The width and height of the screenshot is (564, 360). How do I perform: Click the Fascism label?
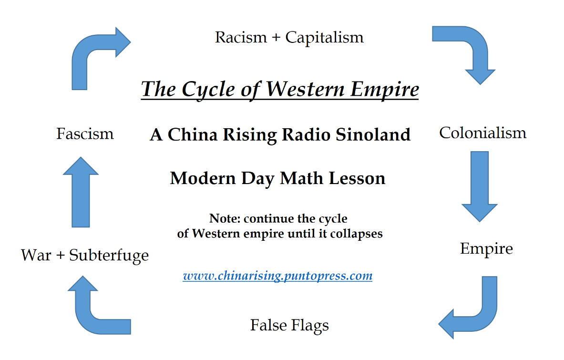[x=85, y=134]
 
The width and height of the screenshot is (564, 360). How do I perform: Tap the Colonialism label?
[x=482, y=133]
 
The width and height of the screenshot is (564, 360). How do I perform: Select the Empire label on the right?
[x=486, y=249]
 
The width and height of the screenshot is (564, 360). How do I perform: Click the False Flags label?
[x=289, y=326]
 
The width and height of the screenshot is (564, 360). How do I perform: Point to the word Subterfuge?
[x=109, y=256]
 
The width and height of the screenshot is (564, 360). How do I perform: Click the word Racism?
[x=241, y=37]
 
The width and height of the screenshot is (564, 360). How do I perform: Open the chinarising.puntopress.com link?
[x=277, y=276]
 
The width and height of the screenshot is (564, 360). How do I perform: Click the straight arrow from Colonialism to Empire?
[x=480, y=186]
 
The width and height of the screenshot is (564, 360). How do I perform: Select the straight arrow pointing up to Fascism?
[x=81, y=192]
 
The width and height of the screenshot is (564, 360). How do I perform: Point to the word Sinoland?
[x=373, y=134]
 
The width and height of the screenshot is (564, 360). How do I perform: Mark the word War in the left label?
[x=36, y=256]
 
